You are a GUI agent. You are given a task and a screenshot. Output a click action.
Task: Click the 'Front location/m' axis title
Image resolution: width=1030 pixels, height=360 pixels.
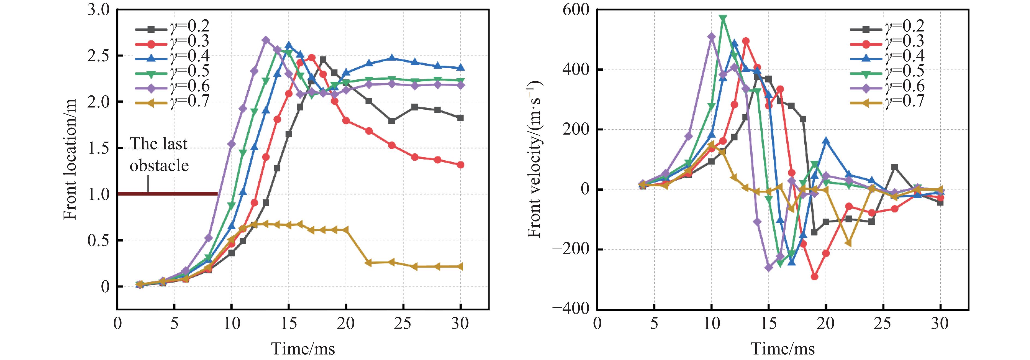70,159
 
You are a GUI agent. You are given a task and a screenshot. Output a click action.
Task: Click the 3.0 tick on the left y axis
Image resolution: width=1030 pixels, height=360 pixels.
98,10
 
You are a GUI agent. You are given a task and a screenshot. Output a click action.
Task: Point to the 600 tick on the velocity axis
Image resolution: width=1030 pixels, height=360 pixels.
576,10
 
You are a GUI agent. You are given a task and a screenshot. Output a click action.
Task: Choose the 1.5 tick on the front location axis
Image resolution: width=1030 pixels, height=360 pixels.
98,148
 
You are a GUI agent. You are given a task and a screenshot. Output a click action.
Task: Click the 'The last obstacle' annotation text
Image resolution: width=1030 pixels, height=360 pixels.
159,154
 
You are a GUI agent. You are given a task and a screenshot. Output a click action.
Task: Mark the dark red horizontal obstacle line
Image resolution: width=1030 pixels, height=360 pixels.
168,194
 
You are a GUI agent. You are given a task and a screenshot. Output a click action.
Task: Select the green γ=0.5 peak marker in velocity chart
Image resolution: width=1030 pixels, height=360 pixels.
723,18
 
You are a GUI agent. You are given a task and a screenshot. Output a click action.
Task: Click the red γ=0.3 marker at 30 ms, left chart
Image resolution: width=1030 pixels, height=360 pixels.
460,165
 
